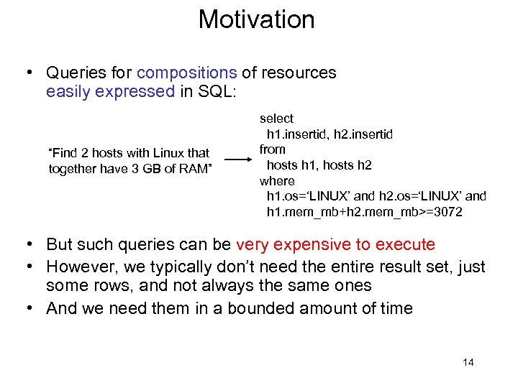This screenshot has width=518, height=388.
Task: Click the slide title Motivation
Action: tap(257, 19)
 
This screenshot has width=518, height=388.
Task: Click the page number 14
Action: tap(468, 362)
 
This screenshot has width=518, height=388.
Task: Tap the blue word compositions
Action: tap(186, 73)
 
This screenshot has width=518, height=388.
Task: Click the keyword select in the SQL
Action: tap(277, 118)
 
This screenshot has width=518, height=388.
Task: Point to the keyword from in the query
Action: tap(273, 149)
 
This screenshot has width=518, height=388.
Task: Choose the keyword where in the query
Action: tap(277, 180)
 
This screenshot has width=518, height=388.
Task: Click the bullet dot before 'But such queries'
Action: tap(29, 245)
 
